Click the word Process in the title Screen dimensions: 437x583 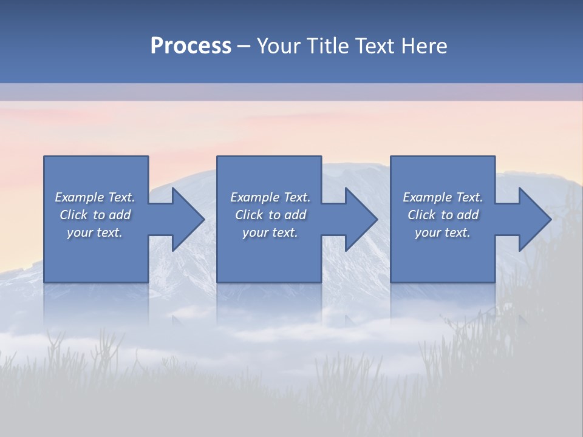point(191,46)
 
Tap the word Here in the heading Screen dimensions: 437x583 point(424,46)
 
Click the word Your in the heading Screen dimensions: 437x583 point(279,46)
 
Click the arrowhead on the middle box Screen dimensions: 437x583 point(360,219)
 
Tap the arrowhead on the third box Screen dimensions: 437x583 point(534,219)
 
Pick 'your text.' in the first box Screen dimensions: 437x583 point(95,232)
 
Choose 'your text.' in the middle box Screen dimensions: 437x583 point(270,232)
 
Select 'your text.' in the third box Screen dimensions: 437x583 point(443,232)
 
